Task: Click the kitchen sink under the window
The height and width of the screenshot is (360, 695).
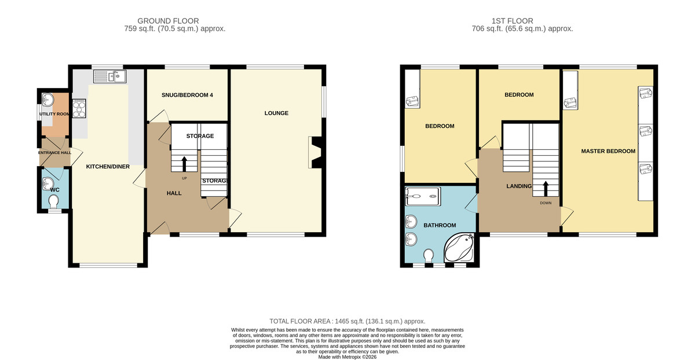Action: click(x=110, y=76)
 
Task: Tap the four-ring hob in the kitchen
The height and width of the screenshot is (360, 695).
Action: click(x=79, y=108)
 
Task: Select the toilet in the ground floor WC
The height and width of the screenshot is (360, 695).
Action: click(x=54, y=201)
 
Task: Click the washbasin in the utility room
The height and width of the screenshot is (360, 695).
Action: click(x=47, y=100)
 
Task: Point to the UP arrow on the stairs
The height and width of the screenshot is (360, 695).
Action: click(x=184, y=164)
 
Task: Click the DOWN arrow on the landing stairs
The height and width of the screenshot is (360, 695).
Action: click(x=546, y=189)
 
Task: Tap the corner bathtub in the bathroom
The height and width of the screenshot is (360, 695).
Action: click(x=459, y=248)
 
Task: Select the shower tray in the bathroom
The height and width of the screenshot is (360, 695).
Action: click(x=423, y=196)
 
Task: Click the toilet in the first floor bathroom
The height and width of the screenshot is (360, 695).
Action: click(x=429, y=255)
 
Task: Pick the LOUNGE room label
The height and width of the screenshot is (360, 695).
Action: click(x=276, y=113)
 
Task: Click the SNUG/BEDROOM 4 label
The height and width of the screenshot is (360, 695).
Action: click(x=187, y=95)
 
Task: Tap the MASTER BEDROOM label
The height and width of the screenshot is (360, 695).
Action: click(x=608, y=151)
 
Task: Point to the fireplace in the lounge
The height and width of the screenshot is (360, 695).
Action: click(x=314, y=152)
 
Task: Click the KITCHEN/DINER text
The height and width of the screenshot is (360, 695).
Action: click(x=108, y=167)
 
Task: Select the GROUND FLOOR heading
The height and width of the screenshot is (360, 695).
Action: click(x=168, y=21)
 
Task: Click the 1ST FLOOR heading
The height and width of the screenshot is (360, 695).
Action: click(x=512, y=21)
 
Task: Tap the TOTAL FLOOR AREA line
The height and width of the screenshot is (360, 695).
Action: click(x=347, y=321)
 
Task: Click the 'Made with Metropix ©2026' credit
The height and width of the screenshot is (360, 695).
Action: click(x=348, y=357)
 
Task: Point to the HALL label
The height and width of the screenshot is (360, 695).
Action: click(x=174, y=193)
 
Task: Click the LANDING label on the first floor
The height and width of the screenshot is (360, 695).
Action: click(x=519, y=186)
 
